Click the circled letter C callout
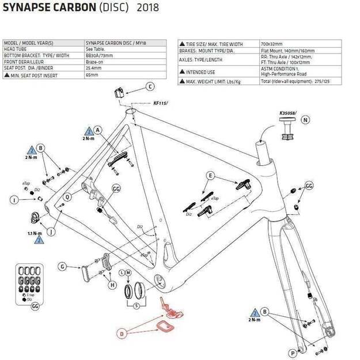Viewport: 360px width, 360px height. (x=150, y=87)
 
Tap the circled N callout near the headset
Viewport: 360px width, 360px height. (x=305, y=120)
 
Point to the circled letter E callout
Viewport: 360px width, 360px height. (x=211, y=175)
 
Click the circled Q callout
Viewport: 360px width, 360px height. (x=67, y=196)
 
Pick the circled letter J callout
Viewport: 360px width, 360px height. (x=51, y=232)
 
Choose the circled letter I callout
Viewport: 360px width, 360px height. (x=14, y=200)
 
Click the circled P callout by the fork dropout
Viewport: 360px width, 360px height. (x=294, y=353)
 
